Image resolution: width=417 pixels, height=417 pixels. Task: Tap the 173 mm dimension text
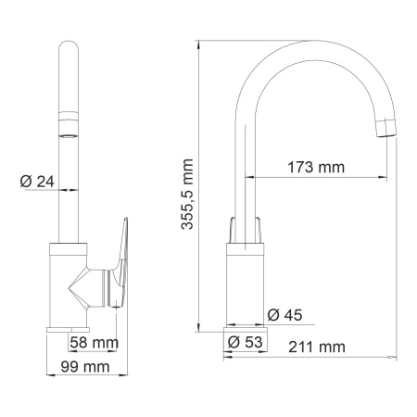click(x=312, y=168)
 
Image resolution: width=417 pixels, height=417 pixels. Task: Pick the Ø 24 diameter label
click(x=35, y=182)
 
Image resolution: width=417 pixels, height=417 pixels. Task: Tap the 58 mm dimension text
click(x=92, y=342)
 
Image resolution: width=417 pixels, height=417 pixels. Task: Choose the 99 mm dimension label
click(x=81, y=368)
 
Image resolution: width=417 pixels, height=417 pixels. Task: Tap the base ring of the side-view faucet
click(x=245, y=326)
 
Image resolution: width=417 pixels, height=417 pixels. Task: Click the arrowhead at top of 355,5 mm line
click(x=200, y=44)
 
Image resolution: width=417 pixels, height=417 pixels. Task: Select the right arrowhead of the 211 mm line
click(x=396, y=356)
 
